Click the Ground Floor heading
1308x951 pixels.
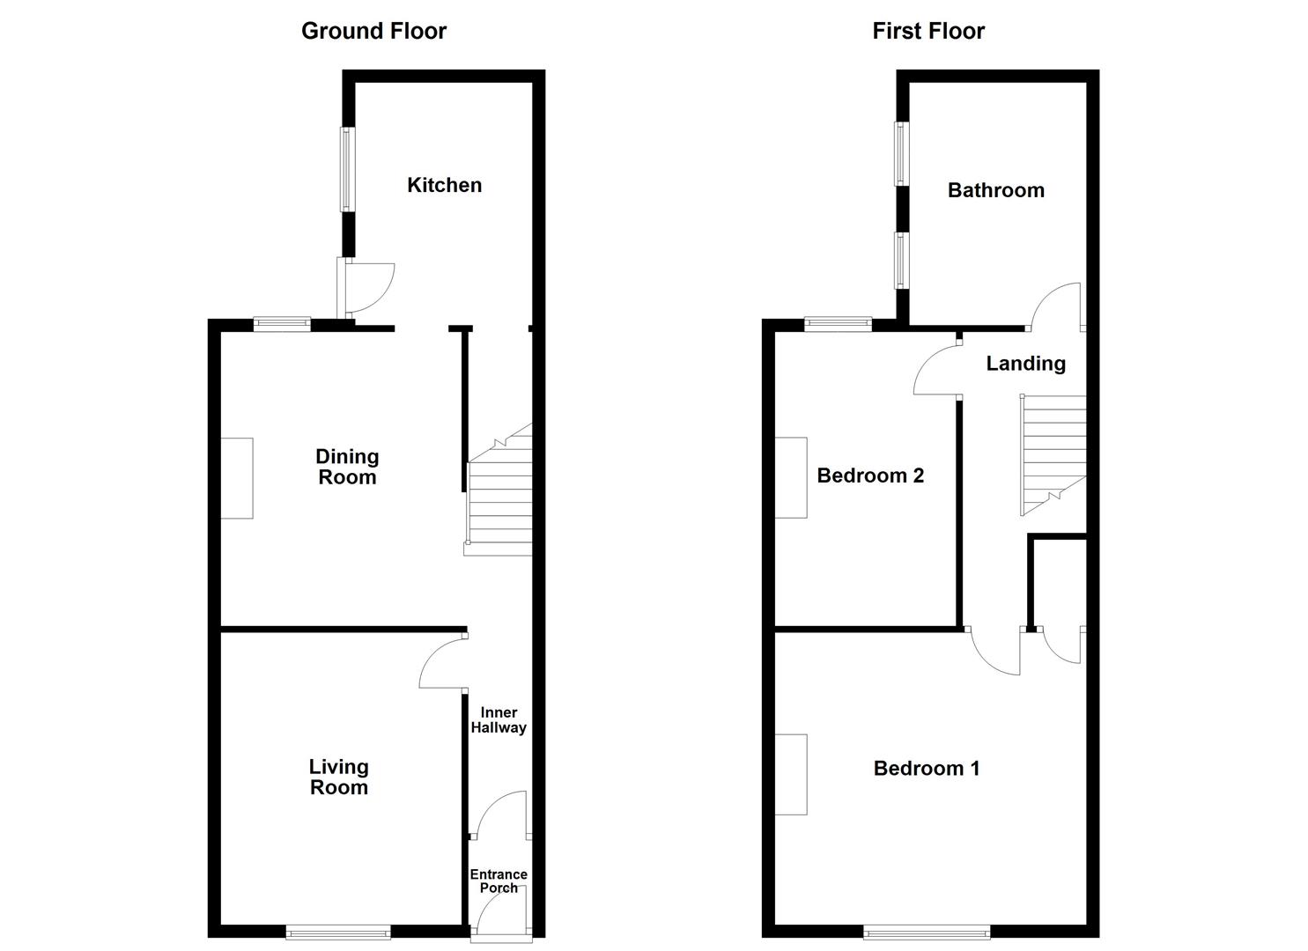coord(373,31)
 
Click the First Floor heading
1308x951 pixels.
coord(927,31)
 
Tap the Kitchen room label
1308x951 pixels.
coord(444,185)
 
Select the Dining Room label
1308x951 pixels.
coord(347,467)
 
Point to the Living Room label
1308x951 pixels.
coord(338,777)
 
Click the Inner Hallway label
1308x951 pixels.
coord(499,719)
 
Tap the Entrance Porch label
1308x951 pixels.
coord(499,881)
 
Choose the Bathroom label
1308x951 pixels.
coord(995,190)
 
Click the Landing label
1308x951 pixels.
coord(1025,363)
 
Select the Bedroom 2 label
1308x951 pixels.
coord(870,475)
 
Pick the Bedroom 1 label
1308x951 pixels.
coord(926,768)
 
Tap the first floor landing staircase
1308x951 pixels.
coord(1053,453)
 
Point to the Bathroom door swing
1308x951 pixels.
coord(1058,305)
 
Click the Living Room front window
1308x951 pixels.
coord(337,931)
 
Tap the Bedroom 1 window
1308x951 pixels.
coord(927,931)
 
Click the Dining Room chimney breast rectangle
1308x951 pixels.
coord(236,478)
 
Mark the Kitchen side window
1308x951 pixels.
coord(348,169)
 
